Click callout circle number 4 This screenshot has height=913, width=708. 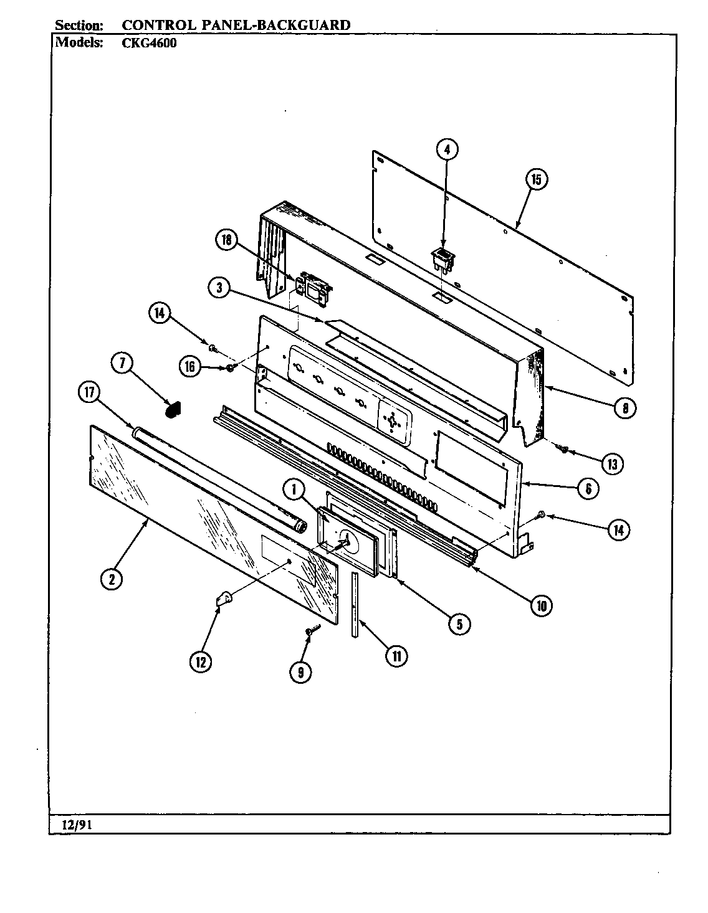(447, 149)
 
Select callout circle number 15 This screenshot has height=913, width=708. (535, 179)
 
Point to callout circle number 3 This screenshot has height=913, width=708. (219, 288)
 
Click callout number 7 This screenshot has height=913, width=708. (123, 364)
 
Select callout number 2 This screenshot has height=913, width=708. (111, 579)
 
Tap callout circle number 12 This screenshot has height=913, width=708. (201, 662)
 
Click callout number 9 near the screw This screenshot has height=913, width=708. (301, 671)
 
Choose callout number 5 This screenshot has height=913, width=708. (459, 624)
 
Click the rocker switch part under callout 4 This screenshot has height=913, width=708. (441, 257)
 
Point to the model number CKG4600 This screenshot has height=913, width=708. (150, 44)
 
